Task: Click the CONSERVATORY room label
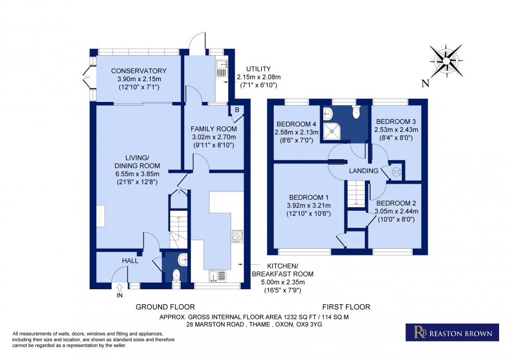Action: pos(138,71)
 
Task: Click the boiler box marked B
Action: pos(236,110)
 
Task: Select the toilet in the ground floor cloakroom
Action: pos(176,276)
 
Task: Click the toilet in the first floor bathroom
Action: pos(356,113)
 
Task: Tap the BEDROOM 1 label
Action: pos(310,197)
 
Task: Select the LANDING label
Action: pos(364,171)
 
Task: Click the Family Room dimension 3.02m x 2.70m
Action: pos(213,137)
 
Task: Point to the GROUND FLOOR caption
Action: pos(165,307)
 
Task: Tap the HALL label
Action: pos(130,261)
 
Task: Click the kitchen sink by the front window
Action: pos(218,275)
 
